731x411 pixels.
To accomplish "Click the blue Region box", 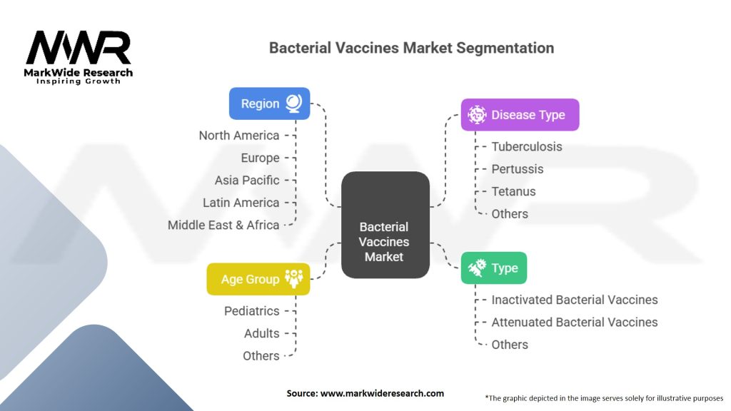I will tap(269, 103).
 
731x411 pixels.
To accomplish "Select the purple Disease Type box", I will tap(520, 115).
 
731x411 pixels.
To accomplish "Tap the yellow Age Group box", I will tap(258, 279).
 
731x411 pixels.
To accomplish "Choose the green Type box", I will tap(494, 268).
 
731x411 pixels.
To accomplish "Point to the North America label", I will tap(239, 136).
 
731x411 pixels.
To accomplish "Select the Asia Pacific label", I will tap(247, 180).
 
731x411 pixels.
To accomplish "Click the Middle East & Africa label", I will tap(223, 225).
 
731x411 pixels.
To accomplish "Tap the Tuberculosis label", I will tap(527, 146).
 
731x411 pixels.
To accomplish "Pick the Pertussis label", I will tap(518, 169).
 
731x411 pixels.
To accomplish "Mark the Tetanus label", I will tap(513, 191).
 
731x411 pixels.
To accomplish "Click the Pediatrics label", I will tap(252, 311).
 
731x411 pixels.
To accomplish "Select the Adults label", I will tap(261, 333).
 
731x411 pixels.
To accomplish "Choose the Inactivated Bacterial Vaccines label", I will tap(575, 300).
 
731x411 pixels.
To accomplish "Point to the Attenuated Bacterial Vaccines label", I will tap(575, 322).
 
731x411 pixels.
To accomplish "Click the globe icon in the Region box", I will tap(293, 103).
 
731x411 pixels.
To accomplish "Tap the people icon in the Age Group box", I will tap(293, 279).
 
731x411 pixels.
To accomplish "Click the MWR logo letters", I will tap(79, 49).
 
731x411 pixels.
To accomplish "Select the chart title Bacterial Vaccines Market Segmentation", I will tap(411, 49).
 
